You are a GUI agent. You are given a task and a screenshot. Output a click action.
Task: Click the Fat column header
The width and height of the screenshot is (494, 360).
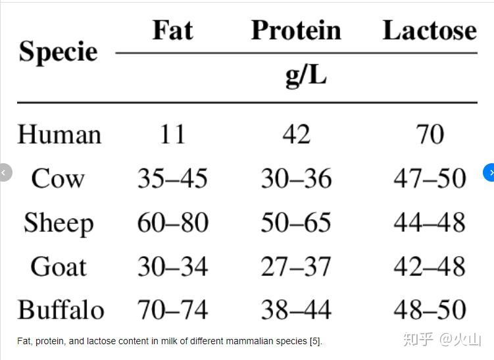click(172, 30)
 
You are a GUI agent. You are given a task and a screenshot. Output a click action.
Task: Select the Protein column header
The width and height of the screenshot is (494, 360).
click(296, 30)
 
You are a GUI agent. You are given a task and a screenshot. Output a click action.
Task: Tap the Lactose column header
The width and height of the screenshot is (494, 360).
click(430, 30)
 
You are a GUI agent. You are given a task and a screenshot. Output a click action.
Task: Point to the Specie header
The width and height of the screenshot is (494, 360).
click(58, 52)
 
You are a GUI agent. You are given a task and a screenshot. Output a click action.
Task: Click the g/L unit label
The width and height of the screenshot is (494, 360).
click(306, 76)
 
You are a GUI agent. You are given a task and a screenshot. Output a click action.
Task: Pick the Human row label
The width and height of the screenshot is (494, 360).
click(59, 135)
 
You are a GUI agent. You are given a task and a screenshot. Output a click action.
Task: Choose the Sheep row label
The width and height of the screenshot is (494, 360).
click(59, 224)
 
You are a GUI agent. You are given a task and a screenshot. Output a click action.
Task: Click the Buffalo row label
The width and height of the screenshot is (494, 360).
click(61, 310)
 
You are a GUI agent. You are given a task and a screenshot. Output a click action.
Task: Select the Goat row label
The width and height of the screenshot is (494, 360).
click(59, 267)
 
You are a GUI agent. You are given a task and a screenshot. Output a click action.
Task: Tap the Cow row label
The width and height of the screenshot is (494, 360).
click(58, 179)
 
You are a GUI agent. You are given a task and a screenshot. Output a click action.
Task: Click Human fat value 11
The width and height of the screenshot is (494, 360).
click(172, 135)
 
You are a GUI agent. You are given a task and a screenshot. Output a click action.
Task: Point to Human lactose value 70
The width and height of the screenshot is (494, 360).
click(430, 135)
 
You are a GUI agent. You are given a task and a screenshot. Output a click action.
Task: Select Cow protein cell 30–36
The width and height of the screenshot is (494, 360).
click(297, 178)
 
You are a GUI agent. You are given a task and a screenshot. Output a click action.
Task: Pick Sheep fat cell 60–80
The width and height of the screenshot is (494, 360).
click(173, 222)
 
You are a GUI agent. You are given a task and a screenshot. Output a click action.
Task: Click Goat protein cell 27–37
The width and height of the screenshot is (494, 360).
click(296, 267)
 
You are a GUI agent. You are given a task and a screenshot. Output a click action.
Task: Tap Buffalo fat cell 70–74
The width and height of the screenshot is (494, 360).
click(172, 309)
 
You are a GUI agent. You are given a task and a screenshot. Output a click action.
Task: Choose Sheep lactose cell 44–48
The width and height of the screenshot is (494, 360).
click(430, 222)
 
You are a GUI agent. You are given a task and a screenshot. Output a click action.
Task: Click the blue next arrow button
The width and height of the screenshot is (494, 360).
click(489, 172)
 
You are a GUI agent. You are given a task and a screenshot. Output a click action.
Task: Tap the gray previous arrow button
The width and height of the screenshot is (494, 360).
click(5, 172)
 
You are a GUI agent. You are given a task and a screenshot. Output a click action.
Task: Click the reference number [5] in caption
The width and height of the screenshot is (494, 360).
click(315, 342)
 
